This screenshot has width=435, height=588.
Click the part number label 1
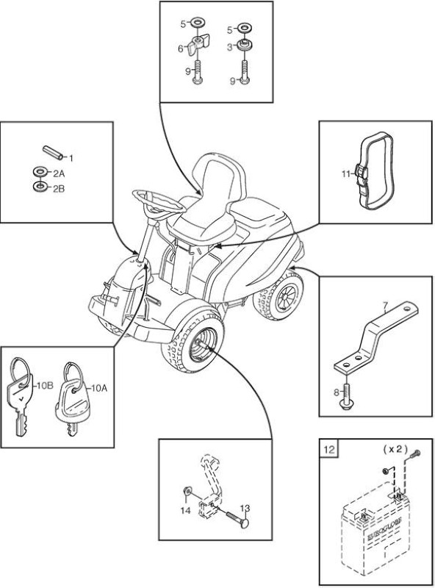tap(71, 158)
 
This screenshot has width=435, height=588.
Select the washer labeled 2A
tap(40, 172)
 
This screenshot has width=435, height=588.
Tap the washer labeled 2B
tap(39, 187)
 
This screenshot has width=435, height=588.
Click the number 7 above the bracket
tap(386, 307)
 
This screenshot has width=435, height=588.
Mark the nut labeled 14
tap(187, 491)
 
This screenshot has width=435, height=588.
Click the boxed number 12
tap(328, 449)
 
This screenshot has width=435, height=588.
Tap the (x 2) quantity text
tap(395, 448)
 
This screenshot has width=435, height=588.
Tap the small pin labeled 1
tap(52, 152)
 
